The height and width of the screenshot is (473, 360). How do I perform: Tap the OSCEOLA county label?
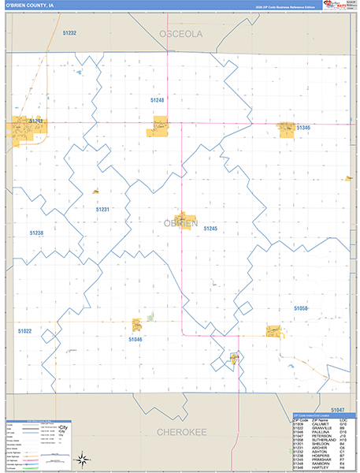coord(180,34)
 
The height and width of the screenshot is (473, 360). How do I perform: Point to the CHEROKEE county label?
coord(180,432)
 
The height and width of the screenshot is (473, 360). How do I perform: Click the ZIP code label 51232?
coord(69,33)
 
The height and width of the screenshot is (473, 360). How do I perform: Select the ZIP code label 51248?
coord(158,100)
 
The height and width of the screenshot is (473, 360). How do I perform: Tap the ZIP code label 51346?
coord(303,127)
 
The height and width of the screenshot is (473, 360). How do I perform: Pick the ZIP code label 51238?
coord(37,233)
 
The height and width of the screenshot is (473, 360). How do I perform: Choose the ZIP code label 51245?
coord(210,228)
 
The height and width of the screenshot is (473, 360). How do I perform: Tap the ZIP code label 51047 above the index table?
coord(337,410)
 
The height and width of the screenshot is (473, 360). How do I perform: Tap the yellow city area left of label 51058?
coord(273,330)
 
